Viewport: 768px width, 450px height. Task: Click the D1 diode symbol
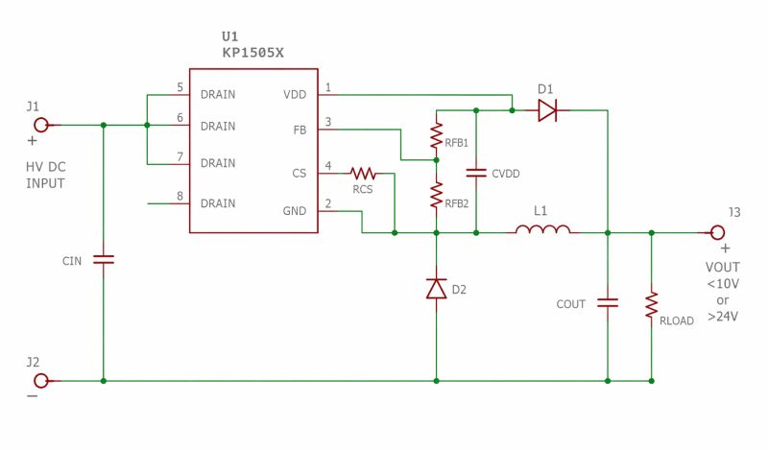(x=546, y=111)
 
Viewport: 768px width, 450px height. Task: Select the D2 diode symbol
(x=436, y=288)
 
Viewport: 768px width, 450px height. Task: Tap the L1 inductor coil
(x=542, y=230)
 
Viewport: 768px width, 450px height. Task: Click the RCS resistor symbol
(x=362, y=174)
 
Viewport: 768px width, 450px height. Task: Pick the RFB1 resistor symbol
(x=436, y=135)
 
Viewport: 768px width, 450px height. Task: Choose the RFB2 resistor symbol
(x=436, y=195)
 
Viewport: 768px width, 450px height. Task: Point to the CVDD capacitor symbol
(x=476, y=174)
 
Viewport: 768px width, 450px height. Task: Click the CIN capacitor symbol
(x=103, y=260)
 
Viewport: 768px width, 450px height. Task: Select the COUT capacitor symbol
(x=607, y=302)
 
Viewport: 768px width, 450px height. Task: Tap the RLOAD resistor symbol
(x=652, y=304)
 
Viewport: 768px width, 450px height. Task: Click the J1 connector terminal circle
(x=41, y=125)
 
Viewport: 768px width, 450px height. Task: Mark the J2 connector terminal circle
(x=41, y=381)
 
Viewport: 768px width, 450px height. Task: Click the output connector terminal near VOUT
(x=716, y=231)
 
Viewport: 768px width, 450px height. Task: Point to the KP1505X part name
(x=252, y=54)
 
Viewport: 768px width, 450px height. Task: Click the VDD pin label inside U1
(x=295, y=95)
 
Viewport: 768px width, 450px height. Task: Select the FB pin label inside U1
(x=300, y=130)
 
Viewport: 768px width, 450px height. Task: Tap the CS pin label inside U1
(x=300, y=174)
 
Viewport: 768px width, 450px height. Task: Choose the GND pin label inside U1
(x=295, y=211)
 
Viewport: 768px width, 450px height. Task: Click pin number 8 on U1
(x=180, y=198)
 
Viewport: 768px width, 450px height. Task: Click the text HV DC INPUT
(x=45, y=175)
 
